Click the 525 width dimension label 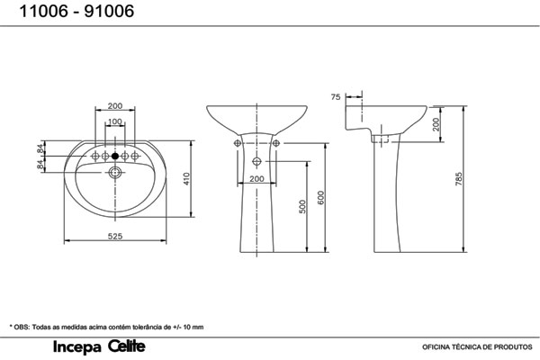[x=115, y=236]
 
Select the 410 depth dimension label [x=186, y=179]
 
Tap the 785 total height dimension [x=459, y=179]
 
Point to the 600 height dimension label [x=321, y=198]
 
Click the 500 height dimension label [x=302, y=207]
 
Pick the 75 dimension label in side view [x=336, y=97]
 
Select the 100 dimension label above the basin [x=115, y=121]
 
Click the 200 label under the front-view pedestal [x=256, y=179]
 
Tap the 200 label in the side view [x=436, y=124]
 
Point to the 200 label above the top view [x=115, y=106]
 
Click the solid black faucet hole [x=115, y=156]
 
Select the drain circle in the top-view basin [x=115, y=172]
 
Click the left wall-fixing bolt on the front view [x=238, y=143]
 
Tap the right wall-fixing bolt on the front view [x=276, y=143]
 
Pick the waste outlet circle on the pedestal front [x=256, y=161]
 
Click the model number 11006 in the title [x=43, y=11]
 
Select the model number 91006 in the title [x=109, y=11]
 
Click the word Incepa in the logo [x=77, y=347]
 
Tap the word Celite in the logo [x=127, y=346]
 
